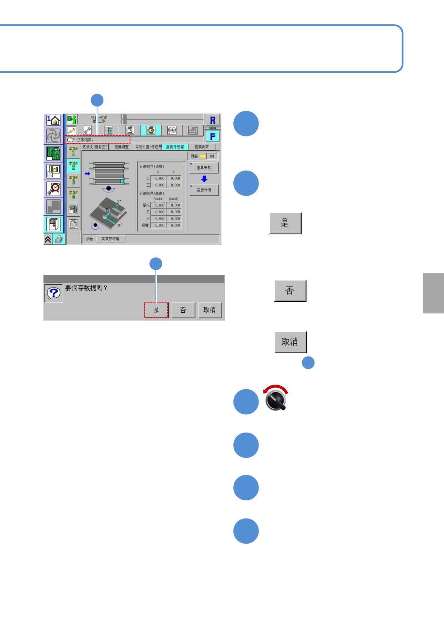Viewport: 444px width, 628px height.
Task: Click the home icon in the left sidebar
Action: (54, 120)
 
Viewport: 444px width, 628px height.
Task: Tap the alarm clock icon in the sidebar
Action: (54, 188)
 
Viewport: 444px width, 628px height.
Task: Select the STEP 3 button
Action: (73, 180)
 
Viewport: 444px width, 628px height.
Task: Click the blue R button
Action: (212, 120)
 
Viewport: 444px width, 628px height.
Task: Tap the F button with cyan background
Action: (212, 136)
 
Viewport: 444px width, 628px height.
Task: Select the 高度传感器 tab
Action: (175, 147)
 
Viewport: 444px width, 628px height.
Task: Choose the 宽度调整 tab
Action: (121, 147)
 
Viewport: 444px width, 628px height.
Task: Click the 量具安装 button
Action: (204, 168)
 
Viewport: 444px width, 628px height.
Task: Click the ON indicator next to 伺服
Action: (212, 156)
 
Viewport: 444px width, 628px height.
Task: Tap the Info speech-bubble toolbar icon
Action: (172, 130)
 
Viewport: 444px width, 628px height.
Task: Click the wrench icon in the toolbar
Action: (87, 130)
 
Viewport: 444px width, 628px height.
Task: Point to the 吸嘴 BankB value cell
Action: (174, 225)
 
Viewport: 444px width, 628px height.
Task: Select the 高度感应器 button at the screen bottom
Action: (111, 239)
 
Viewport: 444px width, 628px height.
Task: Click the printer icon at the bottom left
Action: (59, 239)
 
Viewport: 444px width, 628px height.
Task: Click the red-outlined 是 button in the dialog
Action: (156, 310)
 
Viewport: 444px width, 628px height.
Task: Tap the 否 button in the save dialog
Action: (183, 310)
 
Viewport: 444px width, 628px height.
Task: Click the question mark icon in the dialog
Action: (54, 293)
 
